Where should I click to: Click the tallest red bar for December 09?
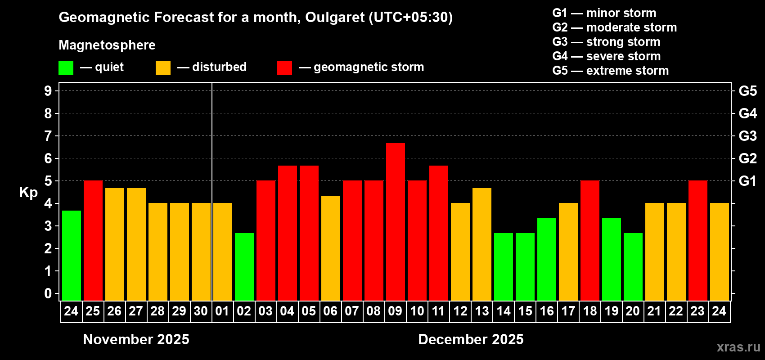[x=395, y=221]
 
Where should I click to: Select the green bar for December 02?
[x=244, y=266]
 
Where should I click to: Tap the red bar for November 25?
[x=93, y=240]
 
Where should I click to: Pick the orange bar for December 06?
[x=330, y=247]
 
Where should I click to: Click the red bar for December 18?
[x=589, y=240]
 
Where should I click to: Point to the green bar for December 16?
[x=546, y=259]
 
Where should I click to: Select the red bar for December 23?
[x=697, y=240]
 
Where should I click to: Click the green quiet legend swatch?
[x=66, y=68]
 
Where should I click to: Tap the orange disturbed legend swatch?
[x=163, y=68]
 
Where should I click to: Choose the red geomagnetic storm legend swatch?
[x=284, y=68]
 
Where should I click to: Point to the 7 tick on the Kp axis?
[x=48, y=136]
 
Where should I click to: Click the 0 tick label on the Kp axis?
[x=48, y=293]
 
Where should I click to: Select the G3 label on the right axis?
[x=747, y=136]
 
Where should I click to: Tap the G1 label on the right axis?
[x=747, y=181]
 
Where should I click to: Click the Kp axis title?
[x=28, y=192]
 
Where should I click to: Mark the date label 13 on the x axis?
[x=481, y=311]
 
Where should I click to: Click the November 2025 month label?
[x=136, y=339]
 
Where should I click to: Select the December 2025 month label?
[x=471, y=339]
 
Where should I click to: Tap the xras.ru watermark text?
[x=738, y=347]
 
